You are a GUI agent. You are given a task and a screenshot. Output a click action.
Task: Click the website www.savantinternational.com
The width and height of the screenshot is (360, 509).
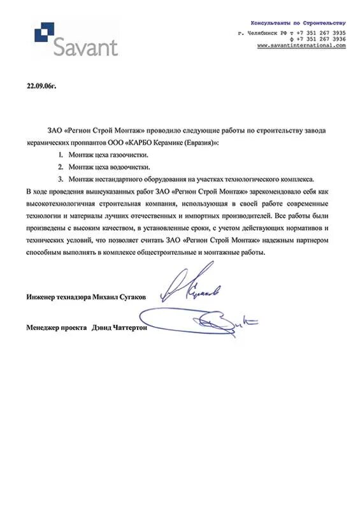(x=301, y=46)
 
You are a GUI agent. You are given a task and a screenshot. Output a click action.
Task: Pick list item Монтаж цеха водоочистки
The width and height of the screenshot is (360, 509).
(x=107, y=167)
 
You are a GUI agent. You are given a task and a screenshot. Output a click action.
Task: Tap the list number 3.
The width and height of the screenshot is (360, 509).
(x=60, y=179)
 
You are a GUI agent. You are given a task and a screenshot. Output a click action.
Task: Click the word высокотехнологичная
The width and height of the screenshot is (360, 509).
(x=62, y=203)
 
